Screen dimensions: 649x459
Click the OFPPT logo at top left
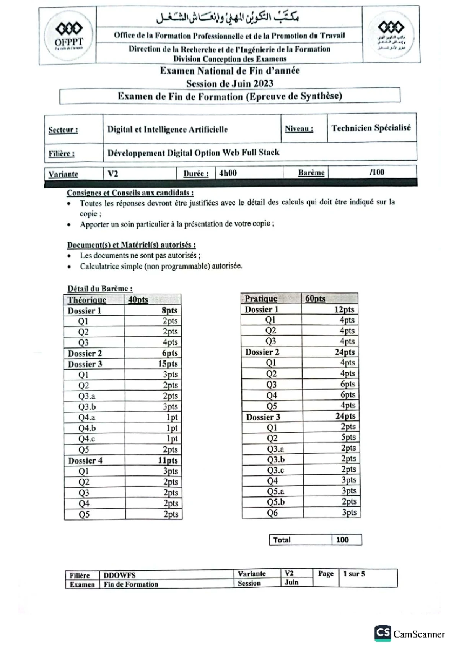coord(68,35)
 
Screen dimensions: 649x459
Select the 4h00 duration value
coord(228,173)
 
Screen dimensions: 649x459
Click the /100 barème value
coord(376,172)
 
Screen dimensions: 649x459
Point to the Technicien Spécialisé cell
coord(371,128)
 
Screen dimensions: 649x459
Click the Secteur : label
coord(63,130)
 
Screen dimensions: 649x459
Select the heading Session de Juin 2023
coord(229,83)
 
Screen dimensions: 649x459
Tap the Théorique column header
coord(87,300)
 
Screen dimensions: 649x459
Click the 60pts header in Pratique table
coord(315,299)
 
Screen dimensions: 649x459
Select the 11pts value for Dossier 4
coord(168,461)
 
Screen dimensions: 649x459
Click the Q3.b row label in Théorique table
coord(87,407)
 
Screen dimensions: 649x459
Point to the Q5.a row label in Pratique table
coord(275,492)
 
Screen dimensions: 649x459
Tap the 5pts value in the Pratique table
coord(348,437)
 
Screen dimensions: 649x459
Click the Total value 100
coord(342,540)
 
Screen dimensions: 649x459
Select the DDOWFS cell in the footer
coord(119,575)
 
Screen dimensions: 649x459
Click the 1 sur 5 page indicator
coord(354,574)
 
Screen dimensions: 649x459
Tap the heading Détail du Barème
coord(100,289)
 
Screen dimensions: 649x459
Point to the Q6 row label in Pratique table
coord(272,513)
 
